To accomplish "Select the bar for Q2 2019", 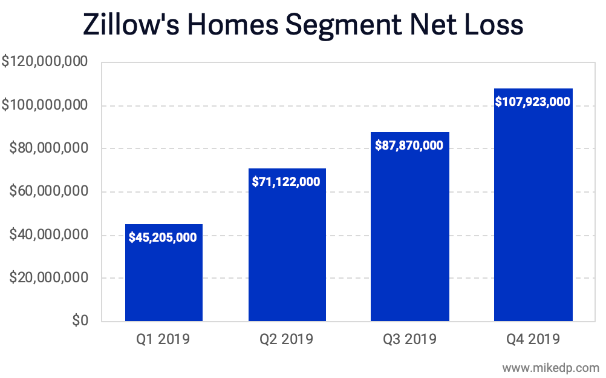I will coord(287,254).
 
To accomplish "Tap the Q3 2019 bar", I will coord(409,236).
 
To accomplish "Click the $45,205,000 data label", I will coord(163,237).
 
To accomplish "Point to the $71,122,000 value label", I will coord(287,181).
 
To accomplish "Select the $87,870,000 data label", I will coord(409,145).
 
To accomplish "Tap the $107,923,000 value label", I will coord(533,102).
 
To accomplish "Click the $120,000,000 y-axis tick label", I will coord(45,62).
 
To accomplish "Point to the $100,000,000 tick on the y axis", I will coord(45,105).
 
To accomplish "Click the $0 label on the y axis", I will coord(79,321).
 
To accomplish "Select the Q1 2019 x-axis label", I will coord(163,339).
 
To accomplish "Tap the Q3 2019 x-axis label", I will coord(409,339).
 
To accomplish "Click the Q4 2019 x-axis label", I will coord(533,339).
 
